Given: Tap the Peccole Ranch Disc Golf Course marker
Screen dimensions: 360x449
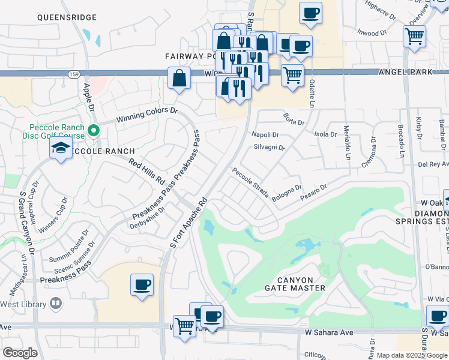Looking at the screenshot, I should pyautogui.click(x=93, y=130).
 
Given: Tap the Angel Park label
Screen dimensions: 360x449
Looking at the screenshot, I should pyautogui.click(x=405, y=72).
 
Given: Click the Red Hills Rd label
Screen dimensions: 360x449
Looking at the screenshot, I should pyautogui.click(x=147, y=172).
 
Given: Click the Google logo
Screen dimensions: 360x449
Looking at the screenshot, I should pyautogui.click(x=20, y=352).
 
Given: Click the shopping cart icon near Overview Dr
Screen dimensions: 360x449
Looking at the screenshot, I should pyautogui.click(x=414, y=36).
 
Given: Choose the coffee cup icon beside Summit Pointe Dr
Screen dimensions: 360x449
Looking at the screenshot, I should pyautogui.click(x=142, y=284).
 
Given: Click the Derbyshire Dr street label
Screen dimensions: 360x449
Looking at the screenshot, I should pyautogui.click(x=146, y=222).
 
